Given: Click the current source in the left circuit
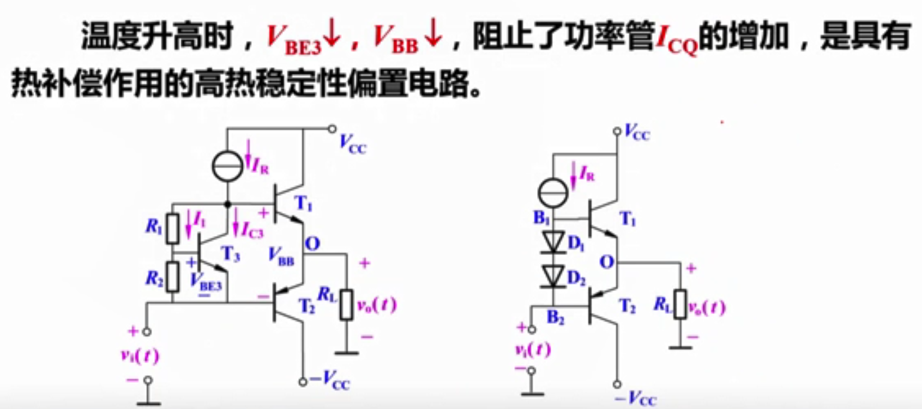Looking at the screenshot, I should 227,166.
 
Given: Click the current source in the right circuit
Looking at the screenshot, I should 553,193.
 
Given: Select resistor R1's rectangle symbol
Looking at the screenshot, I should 172,228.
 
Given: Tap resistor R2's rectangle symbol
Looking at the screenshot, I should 172,277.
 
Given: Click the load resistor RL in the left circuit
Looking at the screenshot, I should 346,305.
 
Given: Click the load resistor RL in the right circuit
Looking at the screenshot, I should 680,305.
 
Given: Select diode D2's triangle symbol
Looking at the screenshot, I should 553,276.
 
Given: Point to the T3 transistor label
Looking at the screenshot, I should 231,254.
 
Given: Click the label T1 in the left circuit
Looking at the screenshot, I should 303,204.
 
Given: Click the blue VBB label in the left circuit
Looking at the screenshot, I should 281,256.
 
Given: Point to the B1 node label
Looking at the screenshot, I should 541,218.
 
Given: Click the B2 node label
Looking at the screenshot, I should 555,317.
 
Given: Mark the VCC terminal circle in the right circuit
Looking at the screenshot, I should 617,132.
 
